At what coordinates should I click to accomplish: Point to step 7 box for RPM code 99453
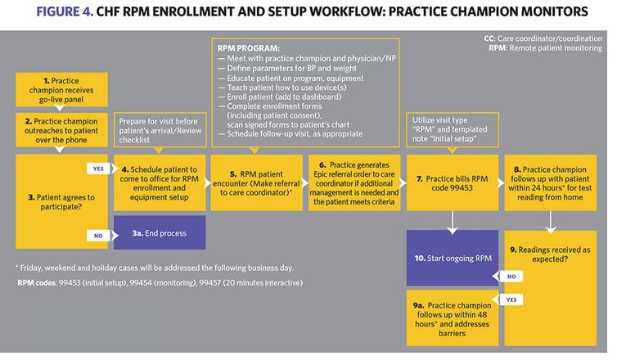coord(451,182)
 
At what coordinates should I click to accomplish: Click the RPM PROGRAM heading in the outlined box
coord(245,47)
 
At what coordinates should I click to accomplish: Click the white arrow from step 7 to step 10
coord(451,221)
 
